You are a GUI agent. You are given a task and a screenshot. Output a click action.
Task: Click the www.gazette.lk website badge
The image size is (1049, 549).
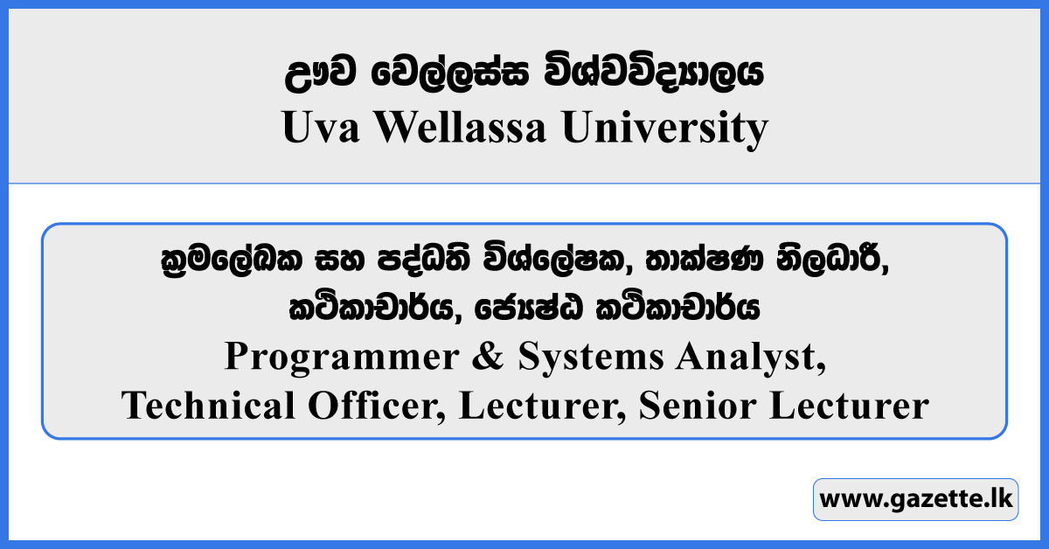(915, 499)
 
